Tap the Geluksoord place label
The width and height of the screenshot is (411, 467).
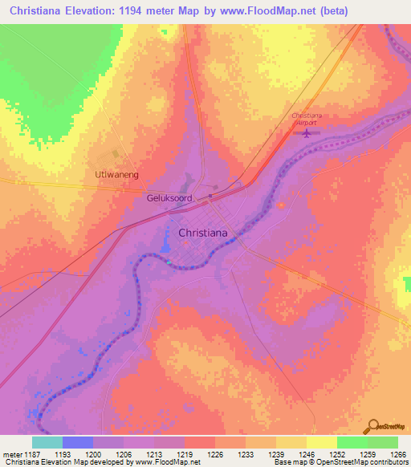(168, 197)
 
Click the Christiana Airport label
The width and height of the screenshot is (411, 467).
(306, 120)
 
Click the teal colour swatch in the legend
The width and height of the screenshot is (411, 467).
(47, 442)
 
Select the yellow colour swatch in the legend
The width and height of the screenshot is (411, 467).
(321, 442)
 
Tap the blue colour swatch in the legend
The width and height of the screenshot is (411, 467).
(78, 442)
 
